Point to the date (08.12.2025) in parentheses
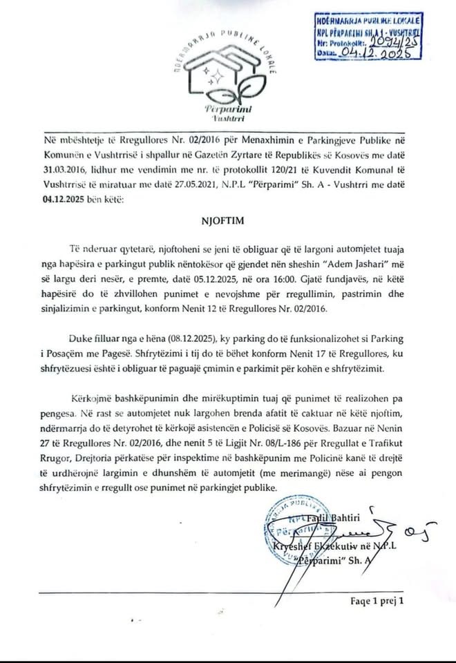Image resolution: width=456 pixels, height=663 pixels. (180, 338)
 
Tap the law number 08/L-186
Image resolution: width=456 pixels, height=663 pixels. (272, 450)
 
